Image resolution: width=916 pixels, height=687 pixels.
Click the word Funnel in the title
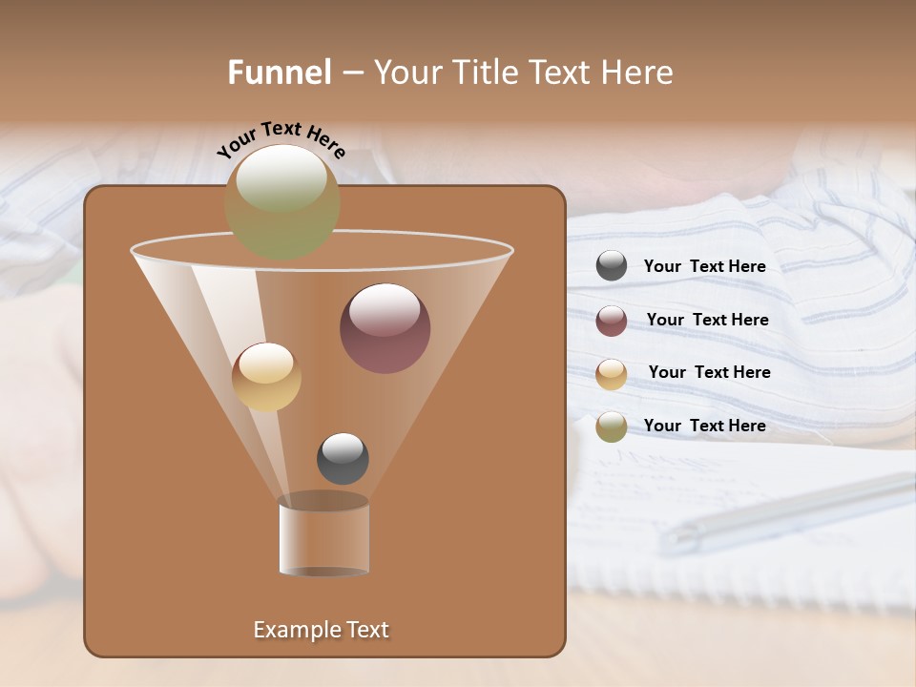click(x=279, y=73)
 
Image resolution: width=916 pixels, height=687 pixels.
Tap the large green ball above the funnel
click(x=281, y=201)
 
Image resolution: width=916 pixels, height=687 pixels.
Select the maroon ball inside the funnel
click(x=385, y=328)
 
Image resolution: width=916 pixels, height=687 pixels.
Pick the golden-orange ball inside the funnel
click(x=266, y=377)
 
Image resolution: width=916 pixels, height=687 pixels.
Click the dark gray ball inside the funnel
click(x=343, y=458)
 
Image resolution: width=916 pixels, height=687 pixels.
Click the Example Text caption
click(x=321, y=630)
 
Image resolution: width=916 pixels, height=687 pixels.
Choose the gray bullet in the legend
click(x=612, y=265)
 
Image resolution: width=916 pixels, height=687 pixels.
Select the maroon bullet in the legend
click(x=612, y=320)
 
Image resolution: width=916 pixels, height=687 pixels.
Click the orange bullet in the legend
click(x=612, y=373)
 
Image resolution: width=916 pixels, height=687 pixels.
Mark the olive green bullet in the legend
click(x=612, y=427)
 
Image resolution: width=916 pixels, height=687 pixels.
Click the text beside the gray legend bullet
click(x=704, y=267)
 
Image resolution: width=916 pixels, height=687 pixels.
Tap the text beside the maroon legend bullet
click(x=707, y=321)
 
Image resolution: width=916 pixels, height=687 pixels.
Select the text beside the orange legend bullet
click(x=709, y=373)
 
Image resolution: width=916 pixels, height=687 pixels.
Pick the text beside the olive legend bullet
click(x=704, y=427)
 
